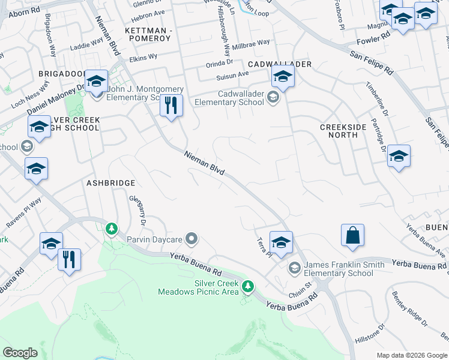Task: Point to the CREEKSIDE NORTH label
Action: pyautogui.click(x=347, y=131)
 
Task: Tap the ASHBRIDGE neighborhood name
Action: pyautogui.click(x=111, y=182)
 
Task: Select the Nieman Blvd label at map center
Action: pyautogui.click(x=205, y=163)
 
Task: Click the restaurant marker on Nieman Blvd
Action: pyautogui.click(x=171, y=106)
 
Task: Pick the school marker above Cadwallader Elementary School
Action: pyautogui.click(x=283, y=76)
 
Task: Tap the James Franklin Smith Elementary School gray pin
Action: pyautogui.click(x=294, y=267)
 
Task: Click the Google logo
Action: pyautogui.click(x=20, y=353)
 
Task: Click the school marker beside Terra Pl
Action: pyautogui.click(x=280, y=242)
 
